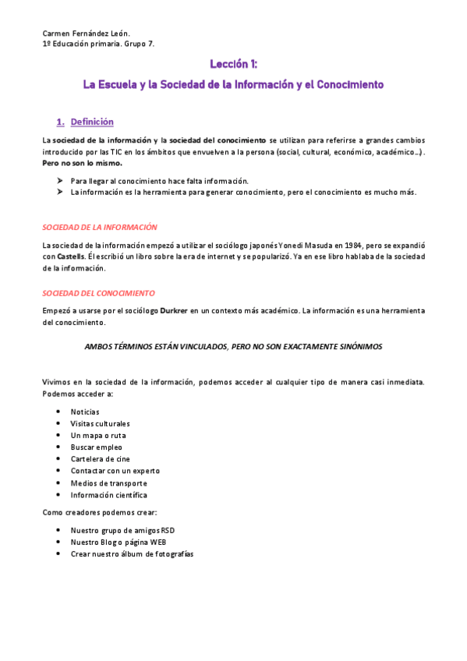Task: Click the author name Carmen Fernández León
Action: pos(86,33)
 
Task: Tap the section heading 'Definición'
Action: pos(92,122)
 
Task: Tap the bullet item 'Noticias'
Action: pos(85,411)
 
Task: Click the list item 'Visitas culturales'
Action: pos(101,423)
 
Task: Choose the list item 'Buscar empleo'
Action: pos(96,447)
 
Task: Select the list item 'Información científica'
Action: pos(108,495)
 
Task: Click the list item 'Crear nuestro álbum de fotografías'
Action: pos(132,553)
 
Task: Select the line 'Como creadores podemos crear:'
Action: pos(99,512)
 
